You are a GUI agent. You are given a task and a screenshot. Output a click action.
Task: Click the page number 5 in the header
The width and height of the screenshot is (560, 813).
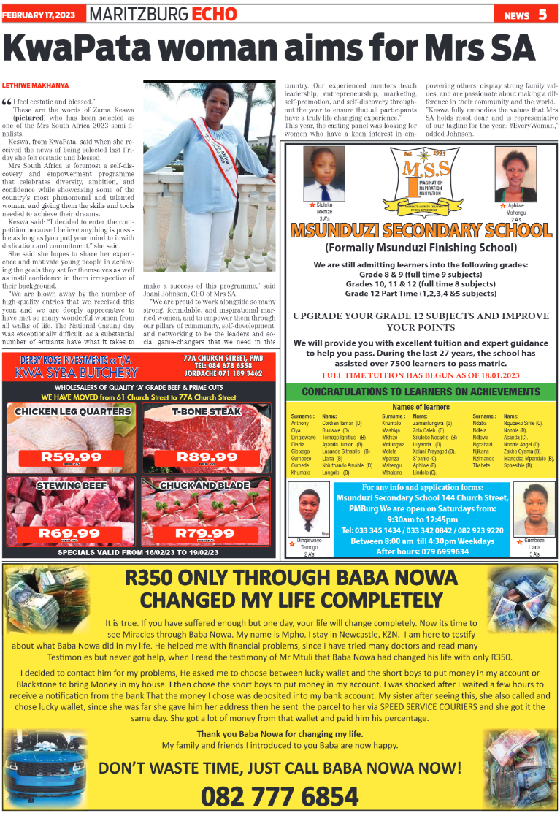point(543,14)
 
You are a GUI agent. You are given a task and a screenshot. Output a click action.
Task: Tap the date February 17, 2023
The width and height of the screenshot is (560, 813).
point(42,15)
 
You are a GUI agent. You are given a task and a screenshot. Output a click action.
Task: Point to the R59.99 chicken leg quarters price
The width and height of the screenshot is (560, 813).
point(70,457)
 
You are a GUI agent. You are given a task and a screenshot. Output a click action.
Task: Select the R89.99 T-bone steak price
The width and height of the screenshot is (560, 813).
point(207,457)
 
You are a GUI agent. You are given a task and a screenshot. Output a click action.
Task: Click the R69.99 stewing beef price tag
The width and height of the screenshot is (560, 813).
point(70,533)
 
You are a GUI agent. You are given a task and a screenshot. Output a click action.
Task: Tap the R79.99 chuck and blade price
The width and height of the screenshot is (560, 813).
point(207,533)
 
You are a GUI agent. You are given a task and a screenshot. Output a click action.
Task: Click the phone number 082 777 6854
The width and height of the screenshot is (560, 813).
point(280,795)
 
